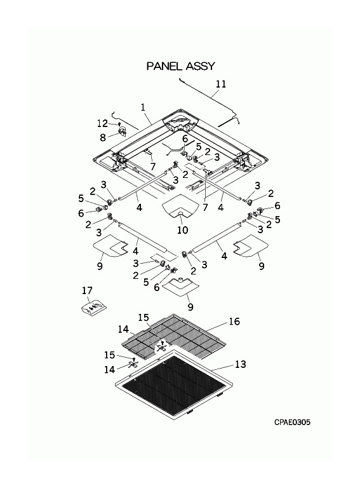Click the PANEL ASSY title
(180, 66)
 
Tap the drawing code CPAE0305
(292, 423)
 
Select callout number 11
(221, 84)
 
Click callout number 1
(143, 107)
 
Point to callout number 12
(103, 123)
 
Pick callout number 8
(103, 137)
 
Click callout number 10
(183, 230)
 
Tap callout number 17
(88, 290)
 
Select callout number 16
(234, 321)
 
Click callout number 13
(241, 364)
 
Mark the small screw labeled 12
(119, 124)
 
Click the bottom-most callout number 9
(190, 307)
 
